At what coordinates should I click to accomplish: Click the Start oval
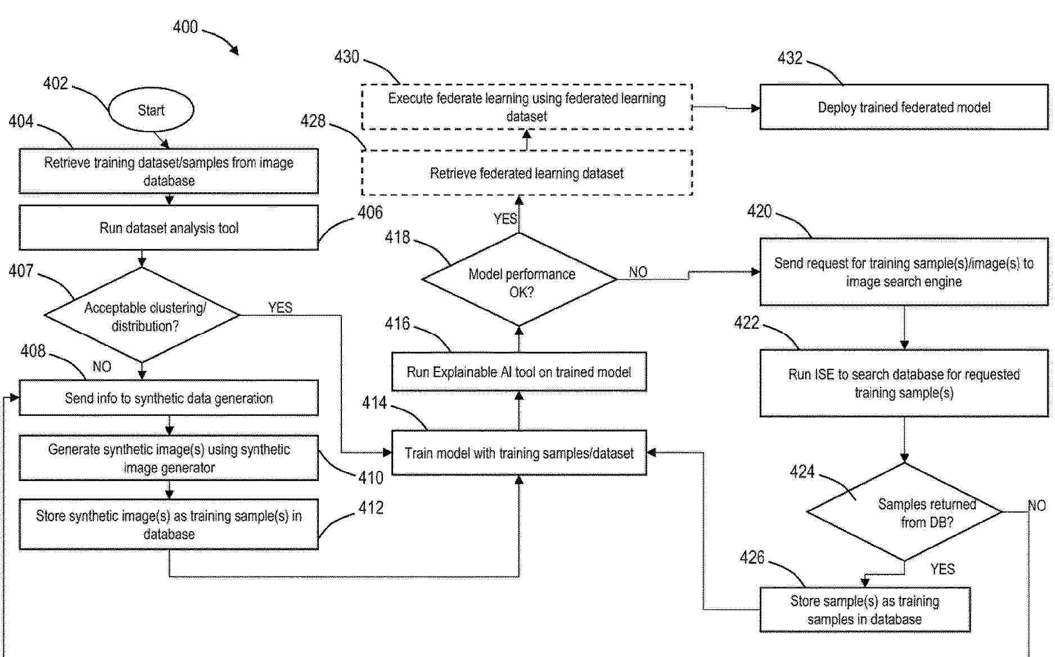point(151,110)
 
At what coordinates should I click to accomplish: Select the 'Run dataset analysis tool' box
point(169,228)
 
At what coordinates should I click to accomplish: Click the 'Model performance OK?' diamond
point(520,280)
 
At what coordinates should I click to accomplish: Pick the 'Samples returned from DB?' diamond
point(904,512)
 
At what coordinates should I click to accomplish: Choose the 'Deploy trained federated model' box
point(904,107)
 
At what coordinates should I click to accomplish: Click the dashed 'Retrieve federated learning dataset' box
point(526,173)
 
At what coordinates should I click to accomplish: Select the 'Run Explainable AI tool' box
point(519,372)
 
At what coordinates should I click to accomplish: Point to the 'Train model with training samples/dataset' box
point(519,453)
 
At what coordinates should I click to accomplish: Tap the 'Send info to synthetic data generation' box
point(169,398)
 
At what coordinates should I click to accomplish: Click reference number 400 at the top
point(185,27)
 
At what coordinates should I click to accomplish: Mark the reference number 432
point(790,58)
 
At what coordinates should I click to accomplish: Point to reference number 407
point(21,271)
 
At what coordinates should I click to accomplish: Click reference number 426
point(752,558)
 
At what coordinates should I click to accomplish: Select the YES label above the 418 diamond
point(504,219)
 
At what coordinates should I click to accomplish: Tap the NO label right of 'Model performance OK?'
point(638,272)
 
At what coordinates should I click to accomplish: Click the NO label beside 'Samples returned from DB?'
point(1037,506)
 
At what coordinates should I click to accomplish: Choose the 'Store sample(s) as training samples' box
point(865,610)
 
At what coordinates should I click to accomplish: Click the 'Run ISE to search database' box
point(904,383)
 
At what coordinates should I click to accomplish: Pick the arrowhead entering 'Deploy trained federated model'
point(755,108)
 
